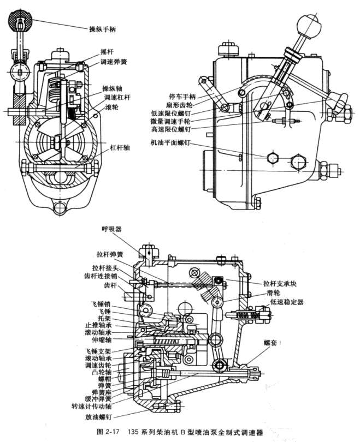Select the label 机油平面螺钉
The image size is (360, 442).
(x=174, y=142)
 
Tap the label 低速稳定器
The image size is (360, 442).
(x=285, y=301)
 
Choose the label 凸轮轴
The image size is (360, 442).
(x=108, y=369)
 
